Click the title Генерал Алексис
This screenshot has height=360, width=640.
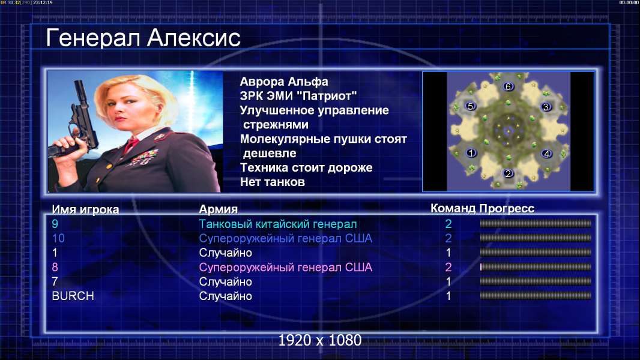[143, 38]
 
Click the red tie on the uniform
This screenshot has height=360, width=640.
[131, 144]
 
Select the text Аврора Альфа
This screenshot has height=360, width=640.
[283, 82]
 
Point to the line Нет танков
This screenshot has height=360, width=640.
[272, 182]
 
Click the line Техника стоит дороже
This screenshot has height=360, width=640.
[306, 167]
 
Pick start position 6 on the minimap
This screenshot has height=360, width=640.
[508, 86]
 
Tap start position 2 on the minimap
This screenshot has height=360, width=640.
[508, 173]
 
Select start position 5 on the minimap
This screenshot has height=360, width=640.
[471, 106]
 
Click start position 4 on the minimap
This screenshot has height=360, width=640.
[546, 154]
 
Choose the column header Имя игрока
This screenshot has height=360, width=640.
[85, 209]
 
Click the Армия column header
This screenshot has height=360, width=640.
[218, 209]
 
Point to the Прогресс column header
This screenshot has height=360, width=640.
[507, 209]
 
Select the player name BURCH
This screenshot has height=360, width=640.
[73, 296]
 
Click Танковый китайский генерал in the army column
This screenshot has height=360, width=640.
[278, 224]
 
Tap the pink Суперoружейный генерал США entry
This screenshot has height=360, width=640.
[285, 268]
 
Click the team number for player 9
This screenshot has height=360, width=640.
[448, 224]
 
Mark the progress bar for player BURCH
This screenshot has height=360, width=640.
[536, 296]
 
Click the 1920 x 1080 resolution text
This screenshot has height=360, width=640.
[319, 340]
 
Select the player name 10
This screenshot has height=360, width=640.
[58, 239]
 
